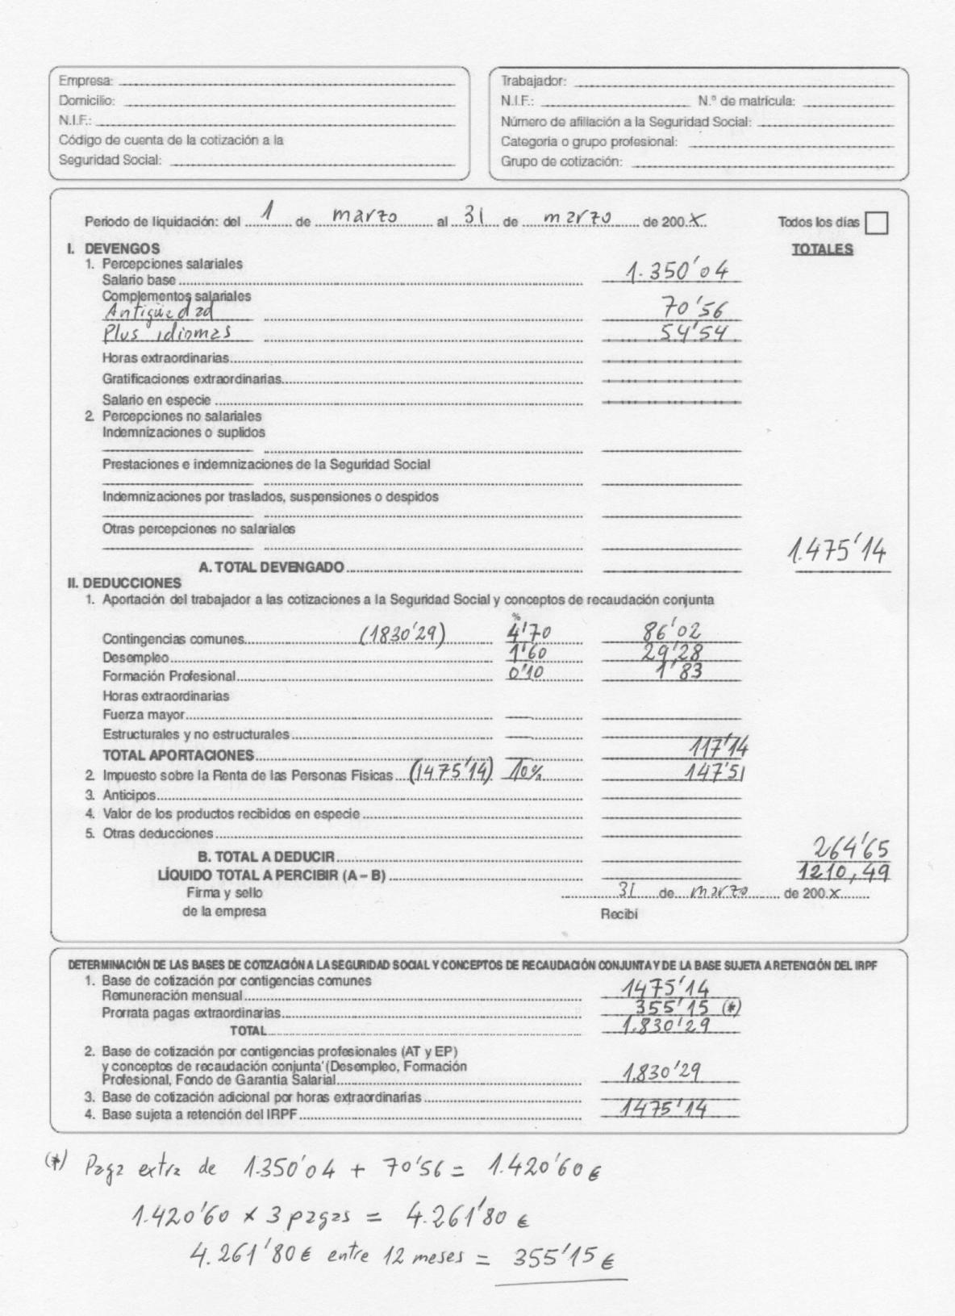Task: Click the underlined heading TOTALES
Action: [x=822, y=249]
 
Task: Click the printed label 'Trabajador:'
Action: [x=534, y=81]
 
